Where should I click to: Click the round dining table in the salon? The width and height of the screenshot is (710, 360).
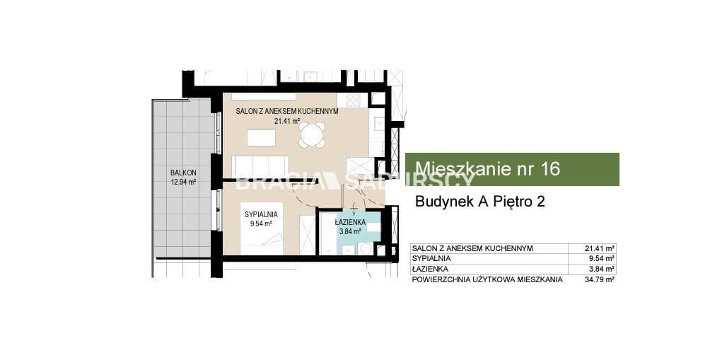(x=312, y=134)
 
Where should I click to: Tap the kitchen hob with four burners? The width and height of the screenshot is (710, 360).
(x=353, y=100)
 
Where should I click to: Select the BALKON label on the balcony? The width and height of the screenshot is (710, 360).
(x=183, y=173)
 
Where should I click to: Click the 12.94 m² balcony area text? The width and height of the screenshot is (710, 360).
(x=183, y=182)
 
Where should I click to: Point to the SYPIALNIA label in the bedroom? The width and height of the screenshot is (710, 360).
(x=261, y=214)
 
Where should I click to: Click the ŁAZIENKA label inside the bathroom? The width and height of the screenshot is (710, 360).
(x=350, y=222)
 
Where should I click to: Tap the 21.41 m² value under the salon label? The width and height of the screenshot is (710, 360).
(x=287, y=120)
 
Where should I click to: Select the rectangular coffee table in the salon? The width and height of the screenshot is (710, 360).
(x=261, y=138)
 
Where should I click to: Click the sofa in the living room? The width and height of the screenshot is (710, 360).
(x=260, y=166)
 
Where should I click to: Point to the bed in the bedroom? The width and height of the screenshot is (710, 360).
(x=261, y=235)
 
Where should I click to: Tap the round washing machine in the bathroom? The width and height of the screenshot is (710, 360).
(x=365, y=248)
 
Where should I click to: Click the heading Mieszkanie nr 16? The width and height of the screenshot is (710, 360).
(x=488, y=168)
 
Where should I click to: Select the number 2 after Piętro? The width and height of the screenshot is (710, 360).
(x=540, y=202)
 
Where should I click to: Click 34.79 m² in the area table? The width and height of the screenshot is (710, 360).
(x=600, y=280)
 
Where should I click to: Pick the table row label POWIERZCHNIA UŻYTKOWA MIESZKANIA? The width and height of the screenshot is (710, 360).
(x=487, y=280)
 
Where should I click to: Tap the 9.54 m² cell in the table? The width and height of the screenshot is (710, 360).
(x=602, y=259)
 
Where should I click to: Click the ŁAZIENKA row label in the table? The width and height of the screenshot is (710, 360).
(x=430, y=269)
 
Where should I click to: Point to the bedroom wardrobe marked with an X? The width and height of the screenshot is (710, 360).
(x=308, y=235)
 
